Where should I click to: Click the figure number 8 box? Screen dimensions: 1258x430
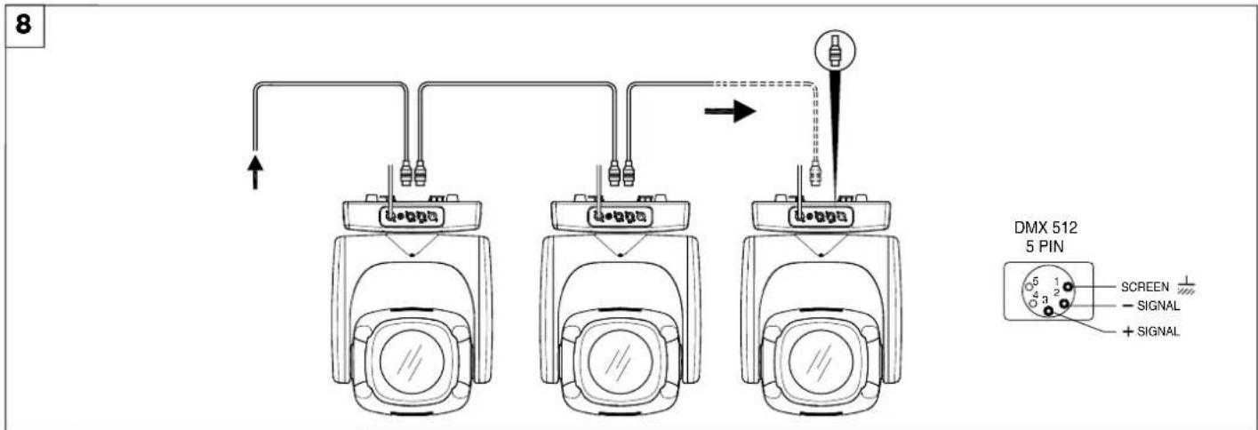(24, 26)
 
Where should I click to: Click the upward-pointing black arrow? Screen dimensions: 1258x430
(255, 171)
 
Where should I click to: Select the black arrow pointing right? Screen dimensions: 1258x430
(730, 111)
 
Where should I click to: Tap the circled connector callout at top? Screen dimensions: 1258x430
(835, 50)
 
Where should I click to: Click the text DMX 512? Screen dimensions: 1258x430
(1046, 228)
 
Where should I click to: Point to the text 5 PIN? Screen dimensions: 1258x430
(1045, 246)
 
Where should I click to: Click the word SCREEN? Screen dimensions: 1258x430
(1144, 287)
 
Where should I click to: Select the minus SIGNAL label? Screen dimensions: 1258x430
(1151, 306)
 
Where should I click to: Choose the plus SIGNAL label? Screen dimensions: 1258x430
(1151, 331)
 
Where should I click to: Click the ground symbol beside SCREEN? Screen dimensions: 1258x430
(1186, 286)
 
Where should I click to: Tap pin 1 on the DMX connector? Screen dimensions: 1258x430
(1068, 286)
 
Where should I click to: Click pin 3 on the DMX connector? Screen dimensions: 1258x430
(1048, 310)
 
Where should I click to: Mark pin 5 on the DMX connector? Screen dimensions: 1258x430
(1029, 287)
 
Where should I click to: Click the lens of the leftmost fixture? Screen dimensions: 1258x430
(412, 361)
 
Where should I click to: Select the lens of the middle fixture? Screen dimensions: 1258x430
(620, 361)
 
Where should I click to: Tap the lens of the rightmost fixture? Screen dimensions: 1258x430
(821, 361)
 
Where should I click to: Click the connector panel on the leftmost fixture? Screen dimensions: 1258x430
(412, 216)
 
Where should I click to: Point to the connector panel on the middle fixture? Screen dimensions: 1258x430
(620, 216)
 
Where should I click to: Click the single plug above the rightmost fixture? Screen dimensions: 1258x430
(815, 173)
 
